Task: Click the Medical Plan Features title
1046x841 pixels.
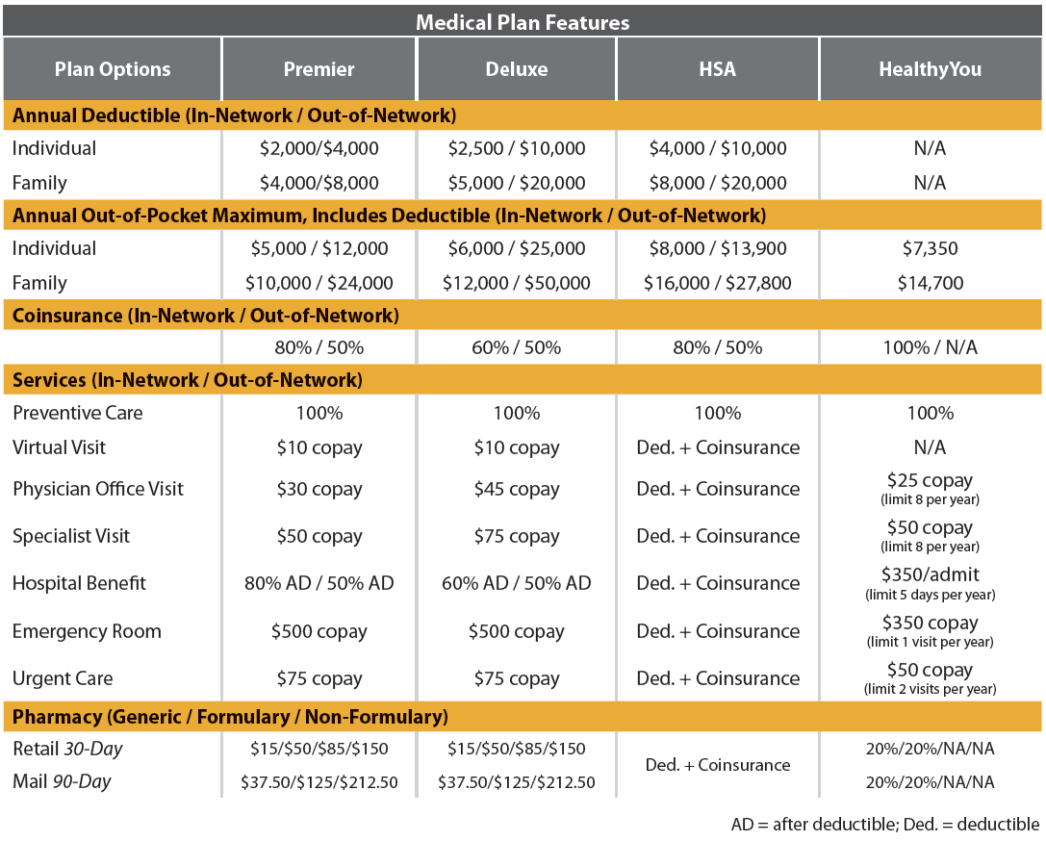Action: tap(523, 21)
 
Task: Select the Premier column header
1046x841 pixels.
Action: tap(319, 69)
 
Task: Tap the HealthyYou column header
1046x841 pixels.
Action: tap(930, 69)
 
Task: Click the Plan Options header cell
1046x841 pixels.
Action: tap(113, 69)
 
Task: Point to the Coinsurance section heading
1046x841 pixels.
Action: tap(205, 315)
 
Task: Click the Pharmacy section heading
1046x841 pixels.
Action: tap(230, 716)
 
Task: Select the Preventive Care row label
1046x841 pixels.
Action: tap(78, 413)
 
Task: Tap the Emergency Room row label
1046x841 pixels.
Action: tap(87, 631)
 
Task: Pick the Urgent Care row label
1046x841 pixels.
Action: tap(63, 678)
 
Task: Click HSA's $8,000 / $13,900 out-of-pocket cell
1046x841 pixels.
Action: tap(717, 248)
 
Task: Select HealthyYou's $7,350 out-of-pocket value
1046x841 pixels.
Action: tap(930, 248)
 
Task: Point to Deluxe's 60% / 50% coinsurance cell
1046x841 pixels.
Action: tap(516, 347)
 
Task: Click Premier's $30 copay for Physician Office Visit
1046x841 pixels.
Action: tap(319, 489)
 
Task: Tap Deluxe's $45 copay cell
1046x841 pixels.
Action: tap(516, 489)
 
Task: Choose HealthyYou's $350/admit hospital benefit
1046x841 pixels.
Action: tap(930, 575)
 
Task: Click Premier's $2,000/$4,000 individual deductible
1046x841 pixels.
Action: tap(319, 148)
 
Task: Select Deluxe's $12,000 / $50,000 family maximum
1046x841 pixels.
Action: tap(516, 283)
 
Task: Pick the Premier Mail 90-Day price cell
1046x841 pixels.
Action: tap(319, 782)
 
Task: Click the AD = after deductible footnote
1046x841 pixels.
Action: tap(884, 825)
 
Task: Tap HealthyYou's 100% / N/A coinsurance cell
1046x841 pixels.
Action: tap(930, 347)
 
